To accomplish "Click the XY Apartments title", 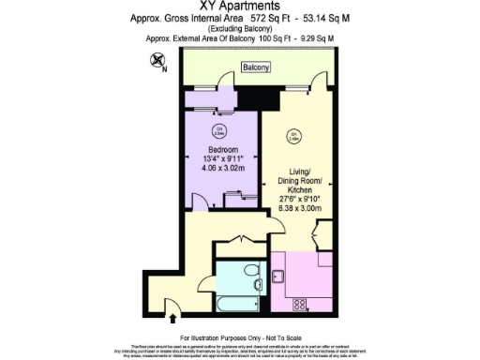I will pyautogui.click(x=239, y=7).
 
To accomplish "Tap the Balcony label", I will pyautogui.click(x=255, y=67).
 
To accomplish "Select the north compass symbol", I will pyautogui.click(x=156, y=63).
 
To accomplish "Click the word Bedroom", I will pyautogui.click(x=223, y=149).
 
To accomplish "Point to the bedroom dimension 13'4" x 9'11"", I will pyautogui.click(x=223, y=159).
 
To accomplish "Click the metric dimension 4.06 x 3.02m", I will pyautogui.click(x=223, y=170).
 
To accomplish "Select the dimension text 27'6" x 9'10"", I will pyautogui.click(x=298, y=198).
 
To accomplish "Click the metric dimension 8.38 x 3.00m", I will pyautogui.click(x=298, y=208).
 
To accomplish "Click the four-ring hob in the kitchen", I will pyautogui.click(x=301, y=303).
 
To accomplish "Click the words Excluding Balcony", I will pyautogui.click(x=239, y=28).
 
